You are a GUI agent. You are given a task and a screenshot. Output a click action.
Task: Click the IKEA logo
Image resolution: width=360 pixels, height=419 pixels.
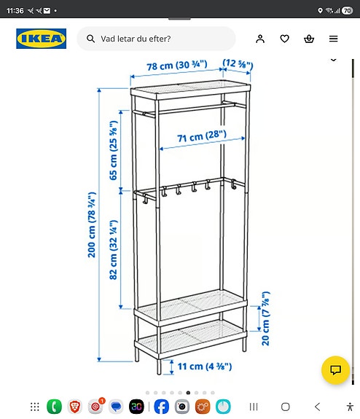[41, 39]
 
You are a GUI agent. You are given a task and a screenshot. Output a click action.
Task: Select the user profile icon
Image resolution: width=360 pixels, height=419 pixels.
[260, 39]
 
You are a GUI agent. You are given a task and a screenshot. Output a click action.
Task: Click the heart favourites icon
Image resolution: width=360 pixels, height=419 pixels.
[285, 39]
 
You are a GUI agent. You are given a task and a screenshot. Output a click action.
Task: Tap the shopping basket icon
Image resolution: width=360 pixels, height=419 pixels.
[309, 39]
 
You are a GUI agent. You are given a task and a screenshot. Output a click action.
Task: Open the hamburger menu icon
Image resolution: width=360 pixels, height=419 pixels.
[333, 39]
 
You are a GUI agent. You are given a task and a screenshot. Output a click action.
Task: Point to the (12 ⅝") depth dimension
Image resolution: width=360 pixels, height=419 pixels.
[238, 66]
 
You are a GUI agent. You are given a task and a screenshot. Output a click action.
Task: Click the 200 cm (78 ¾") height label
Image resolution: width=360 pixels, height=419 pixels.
[93, 224]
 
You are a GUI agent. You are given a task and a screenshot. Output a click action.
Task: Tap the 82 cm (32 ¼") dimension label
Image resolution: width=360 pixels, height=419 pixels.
[113, 251]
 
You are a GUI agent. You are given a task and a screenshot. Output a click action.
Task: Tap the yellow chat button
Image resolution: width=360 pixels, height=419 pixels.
[336, 369]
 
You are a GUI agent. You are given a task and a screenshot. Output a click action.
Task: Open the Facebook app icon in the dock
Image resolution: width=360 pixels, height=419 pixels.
[161, 407]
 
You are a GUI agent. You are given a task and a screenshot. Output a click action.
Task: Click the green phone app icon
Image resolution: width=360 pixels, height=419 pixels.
[54, 407]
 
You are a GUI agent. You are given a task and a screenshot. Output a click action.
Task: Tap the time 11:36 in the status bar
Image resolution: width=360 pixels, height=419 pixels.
[15, 11]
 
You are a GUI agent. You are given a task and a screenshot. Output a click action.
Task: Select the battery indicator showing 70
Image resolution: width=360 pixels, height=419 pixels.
[347, 11]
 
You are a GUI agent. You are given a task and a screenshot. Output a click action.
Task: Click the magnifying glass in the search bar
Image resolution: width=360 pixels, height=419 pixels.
[91, 39]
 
